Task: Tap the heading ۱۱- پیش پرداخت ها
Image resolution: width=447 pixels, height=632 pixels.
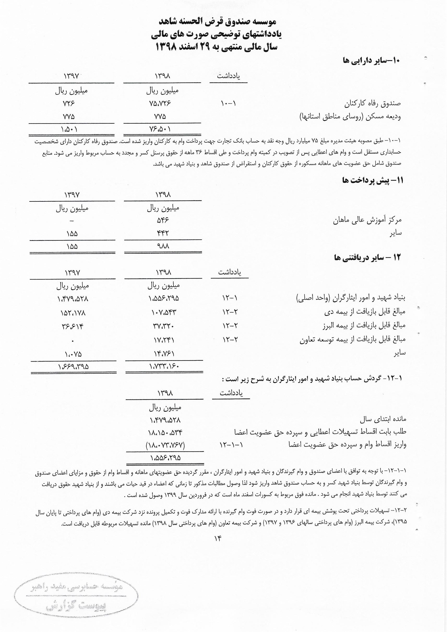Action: (x=372, y=181)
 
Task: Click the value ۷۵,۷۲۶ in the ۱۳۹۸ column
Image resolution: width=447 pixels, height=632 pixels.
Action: (x=160, y=103)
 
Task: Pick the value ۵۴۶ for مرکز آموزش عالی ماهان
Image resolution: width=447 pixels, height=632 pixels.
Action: (x=162, y=220)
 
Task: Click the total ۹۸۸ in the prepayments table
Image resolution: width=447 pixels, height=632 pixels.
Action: (x=163, y=246)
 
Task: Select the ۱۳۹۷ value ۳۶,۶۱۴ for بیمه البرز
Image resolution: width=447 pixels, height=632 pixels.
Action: (x=73, y=326)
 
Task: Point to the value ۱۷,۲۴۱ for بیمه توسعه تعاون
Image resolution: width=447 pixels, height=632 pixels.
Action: (x=164, y=340)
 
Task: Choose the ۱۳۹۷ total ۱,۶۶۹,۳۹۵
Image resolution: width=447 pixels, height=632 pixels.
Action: (x=73, y=367)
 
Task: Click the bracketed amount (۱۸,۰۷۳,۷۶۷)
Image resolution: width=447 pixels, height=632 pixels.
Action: (x=165, y=445)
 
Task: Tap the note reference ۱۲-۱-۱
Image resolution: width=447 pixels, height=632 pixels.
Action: (x=231, y=445)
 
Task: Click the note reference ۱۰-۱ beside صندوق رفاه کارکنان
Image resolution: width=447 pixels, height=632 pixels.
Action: (x=228, y=103)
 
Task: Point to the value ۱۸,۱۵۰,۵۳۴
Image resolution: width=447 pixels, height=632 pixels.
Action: (x=165, y=432)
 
